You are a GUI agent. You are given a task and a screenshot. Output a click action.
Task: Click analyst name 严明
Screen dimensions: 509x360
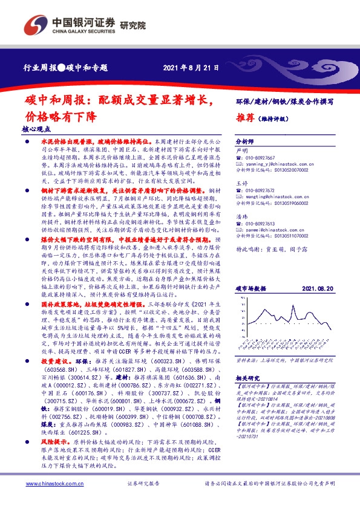[241, 149]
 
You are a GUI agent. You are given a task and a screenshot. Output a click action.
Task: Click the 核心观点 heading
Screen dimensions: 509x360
[36, 129]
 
